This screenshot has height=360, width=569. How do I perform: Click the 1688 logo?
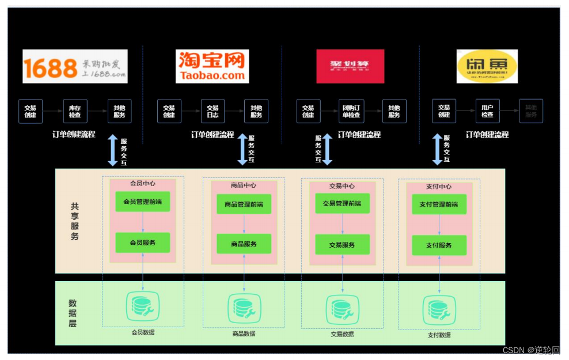[x=75, y=66]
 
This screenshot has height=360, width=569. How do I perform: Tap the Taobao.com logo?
[x=213, y=66]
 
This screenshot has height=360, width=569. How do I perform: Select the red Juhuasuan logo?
[x=350, y=66]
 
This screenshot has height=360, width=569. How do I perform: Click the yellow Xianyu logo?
[x=487, y=66]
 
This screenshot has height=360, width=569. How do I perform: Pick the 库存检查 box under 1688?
[x=75, y=111]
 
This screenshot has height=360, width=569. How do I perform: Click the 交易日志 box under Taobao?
[x=213, y=111]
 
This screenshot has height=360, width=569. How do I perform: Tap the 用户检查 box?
[x=487, y=111]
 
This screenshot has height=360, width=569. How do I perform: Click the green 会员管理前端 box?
[x=143, y=202]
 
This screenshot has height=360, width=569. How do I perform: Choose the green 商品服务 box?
[x=244, y=244]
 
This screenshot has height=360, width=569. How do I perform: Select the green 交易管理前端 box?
[x=342, y=203]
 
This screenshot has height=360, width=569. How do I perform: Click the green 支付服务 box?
[x=439, y=245]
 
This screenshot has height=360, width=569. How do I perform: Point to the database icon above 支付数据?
[x=439, y=310]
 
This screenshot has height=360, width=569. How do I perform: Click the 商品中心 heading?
[x=244, y=185]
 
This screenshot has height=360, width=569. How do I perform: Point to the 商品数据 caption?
[x=244, y=334]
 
